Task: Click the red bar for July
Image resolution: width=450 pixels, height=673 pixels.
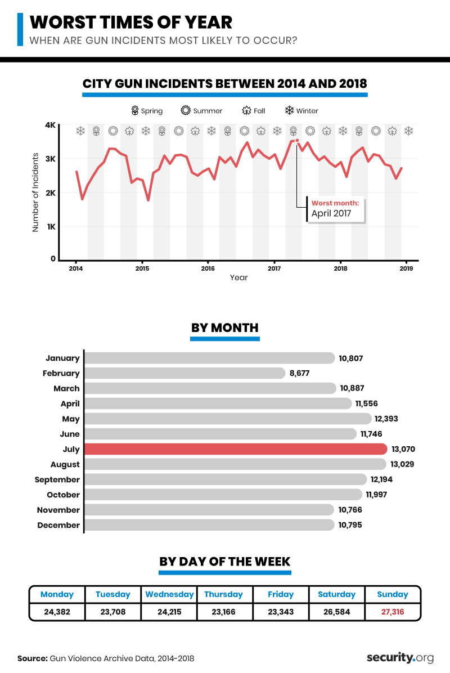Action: [236, 449]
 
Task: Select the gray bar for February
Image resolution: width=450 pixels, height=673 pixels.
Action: [186, 373]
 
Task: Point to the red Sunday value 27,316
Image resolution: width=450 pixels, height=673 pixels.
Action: [393, 611]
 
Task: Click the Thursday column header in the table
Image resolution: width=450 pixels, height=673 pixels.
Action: [223, 594]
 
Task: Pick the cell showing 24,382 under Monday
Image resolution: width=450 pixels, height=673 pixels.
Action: [57, 611]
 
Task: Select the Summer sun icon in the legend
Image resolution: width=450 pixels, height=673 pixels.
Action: [185, 111]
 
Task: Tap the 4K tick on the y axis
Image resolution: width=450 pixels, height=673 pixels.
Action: [50, 125]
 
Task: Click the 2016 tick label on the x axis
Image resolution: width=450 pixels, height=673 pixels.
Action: [208, 268]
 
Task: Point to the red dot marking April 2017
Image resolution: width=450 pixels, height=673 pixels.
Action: [297, 141]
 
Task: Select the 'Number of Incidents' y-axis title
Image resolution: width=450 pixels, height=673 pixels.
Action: [35, 192]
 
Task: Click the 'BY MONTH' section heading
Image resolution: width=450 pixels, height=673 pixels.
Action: [225, 327]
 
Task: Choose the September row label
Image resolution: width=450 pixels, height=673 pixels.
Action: [57, 479]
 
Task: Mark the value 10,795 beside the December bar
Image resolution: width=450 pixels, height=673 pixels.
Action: [350, 525]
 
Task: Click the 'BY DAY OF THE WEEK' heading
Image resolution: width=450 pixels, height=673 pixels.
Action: [225, 561]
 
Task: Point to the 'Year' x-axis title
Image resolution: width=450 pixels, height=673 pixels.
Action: [238, 277]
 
